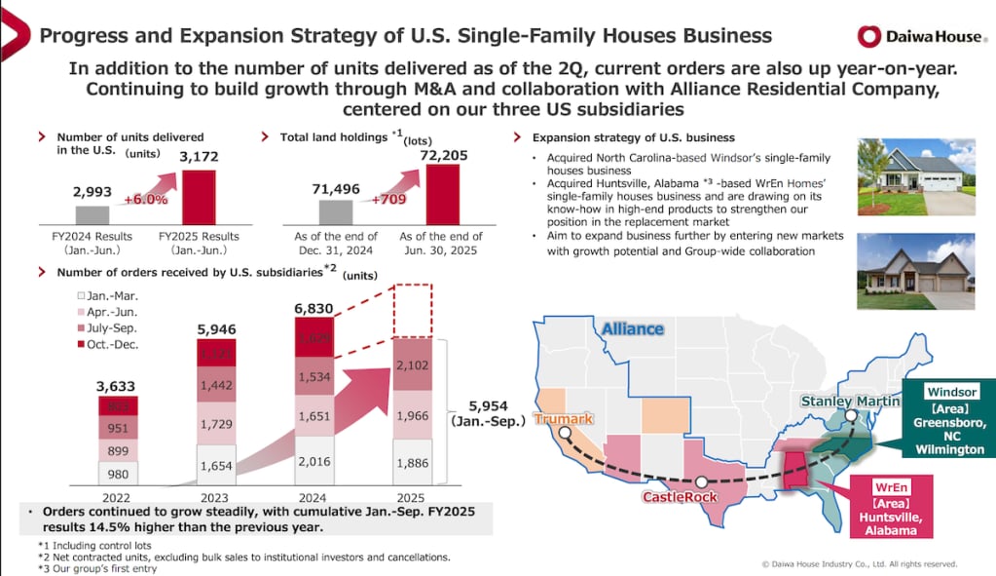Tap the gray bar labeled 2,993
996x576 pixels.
92,214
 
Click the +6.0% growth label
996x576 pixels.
147,199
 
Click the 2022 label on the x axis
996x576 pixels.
117,494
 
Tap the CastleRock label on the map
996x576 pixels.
680,496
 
